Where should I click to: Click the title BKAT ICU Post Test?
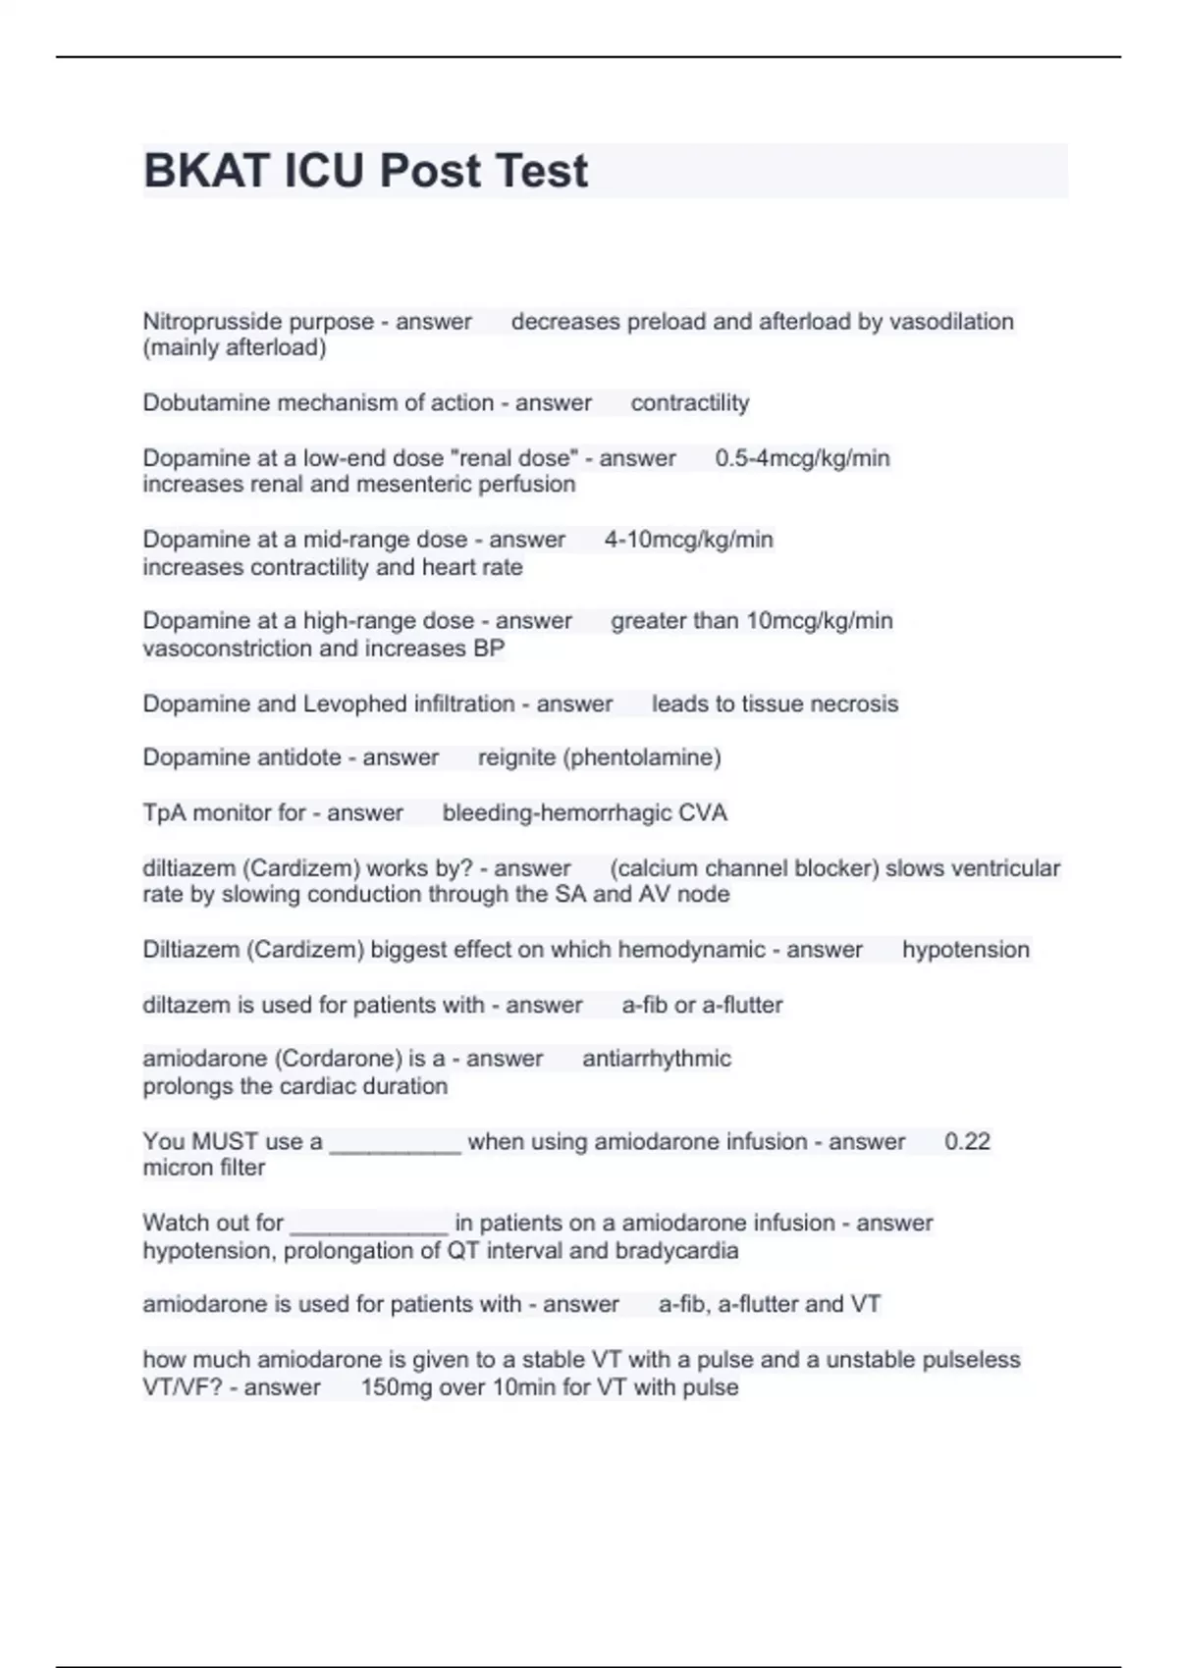[x=365, y=171]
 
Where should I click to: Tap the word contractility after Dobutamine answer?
[x=689, y=403]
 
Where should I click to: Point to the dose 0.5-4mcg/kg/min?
[x=802, y=458]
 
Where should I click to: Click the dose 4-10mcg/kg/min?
[x=688, y=540]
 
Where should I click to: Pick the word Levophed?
[x=355, y=704]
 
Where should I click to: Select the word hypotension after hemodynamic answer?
[x=965, y=950]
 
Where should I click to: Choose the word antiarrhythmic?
[x=656, y=1059]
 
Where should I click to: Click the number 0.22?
[x=967, y=1142]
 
